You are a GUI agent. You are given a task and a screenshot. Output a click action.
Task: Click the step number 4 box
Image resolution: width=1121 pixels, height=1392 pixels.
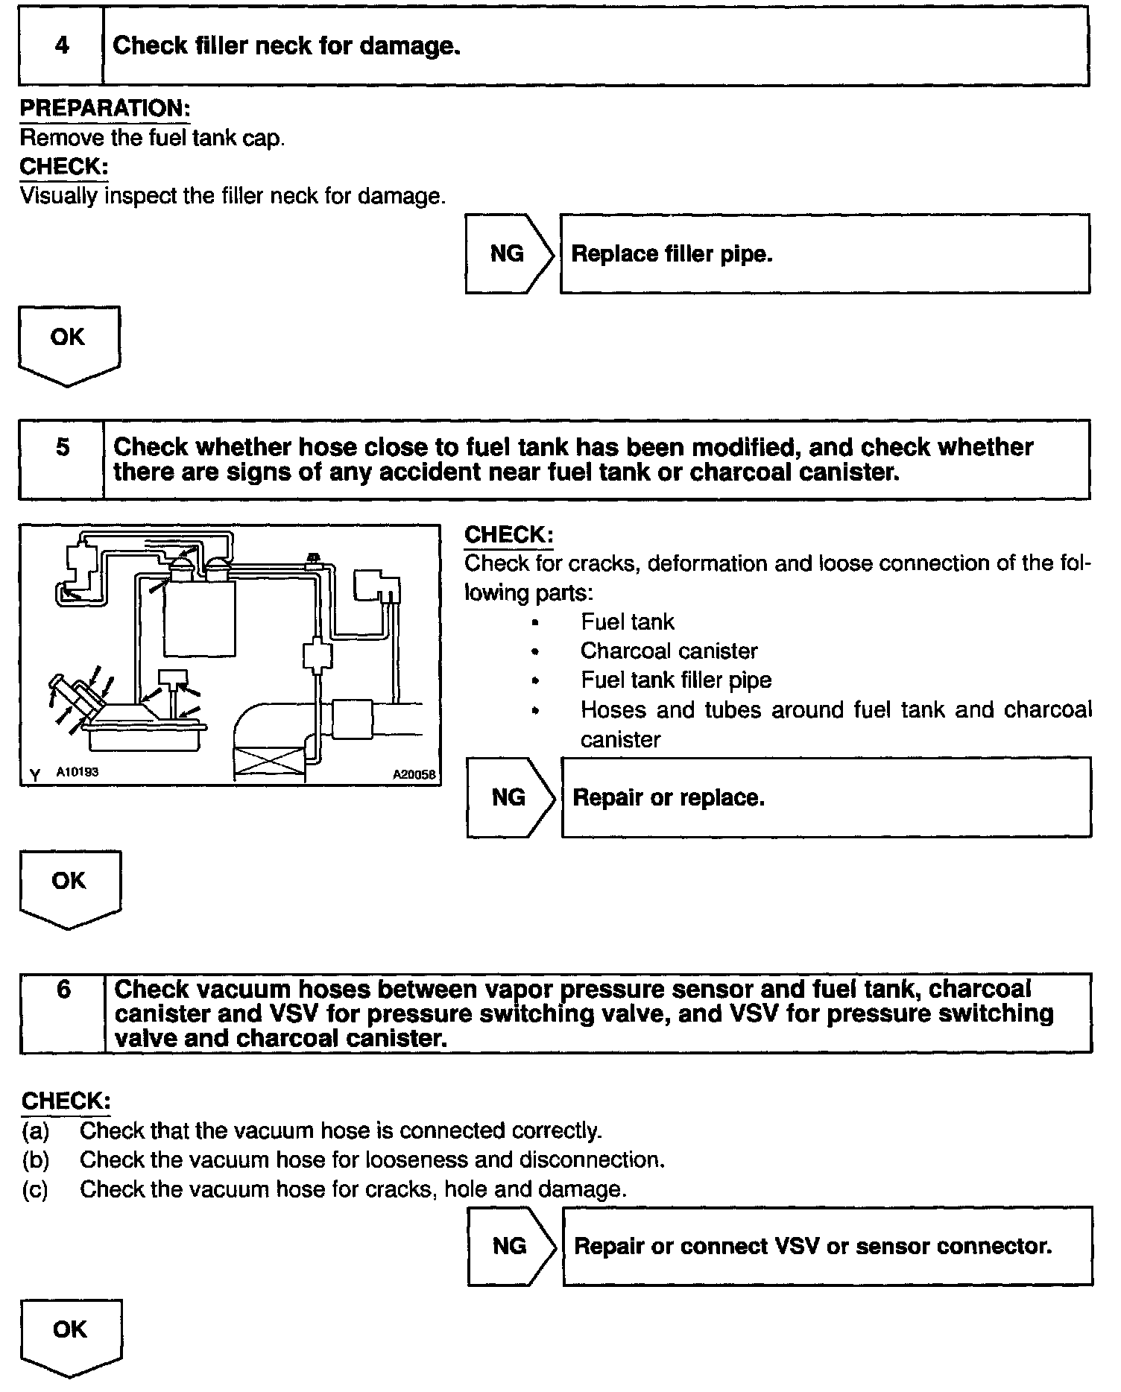tap(61, 46)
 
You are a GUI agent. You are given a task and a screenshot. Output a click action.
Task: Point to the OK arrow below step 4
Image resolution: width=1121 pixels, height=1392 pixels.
tap(68, 344)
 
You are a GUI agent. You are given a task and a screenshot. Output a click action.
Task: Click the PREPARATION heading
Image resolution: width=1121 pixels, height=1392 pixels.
tap(104, 109)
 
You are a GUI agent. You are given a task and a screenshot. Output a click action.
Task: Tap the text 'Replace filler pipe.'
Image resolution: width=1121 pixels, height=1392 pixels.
tap(672, 255)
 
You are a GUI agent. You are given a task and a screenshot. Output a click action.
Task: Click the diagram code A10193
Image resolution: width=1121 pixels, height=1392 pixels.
tap(78, 773)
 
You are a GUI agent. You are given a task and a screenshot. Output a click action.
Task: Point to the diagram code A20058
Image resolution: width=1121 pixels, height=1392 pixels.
tap(414, 775)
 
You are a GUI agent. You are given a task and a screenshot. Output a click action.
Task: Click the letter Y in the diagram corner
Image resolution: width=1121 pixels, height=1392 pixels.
tap(35, 776)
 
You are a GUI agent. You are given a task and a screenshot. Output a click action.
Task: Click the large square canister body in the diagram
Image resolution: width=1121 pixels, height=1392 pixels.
tap(200, 618)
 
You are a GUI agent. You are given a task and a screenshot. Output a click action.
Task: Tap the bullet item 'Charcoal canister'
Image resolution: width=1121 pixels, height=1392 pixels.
tap(669, 651)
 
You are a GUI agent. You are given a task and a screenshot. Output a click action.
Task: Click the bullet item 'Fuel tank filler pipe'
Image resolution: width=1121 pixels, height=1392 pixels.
tap(676, 680)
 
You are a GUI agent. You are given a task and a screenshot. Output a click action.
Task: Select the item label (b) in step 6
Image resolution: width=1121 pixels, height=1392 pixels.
tap(36, 1160)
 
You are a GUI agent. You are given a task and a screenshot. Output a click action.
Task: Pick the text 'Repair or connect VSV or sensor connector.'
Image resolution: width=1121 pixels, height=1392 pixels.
tap(812, 1247)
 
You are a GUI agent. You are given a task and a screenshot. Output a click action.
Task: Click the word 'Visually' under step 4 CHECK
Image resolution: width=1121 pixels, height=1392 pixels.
tap(58, 197)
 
